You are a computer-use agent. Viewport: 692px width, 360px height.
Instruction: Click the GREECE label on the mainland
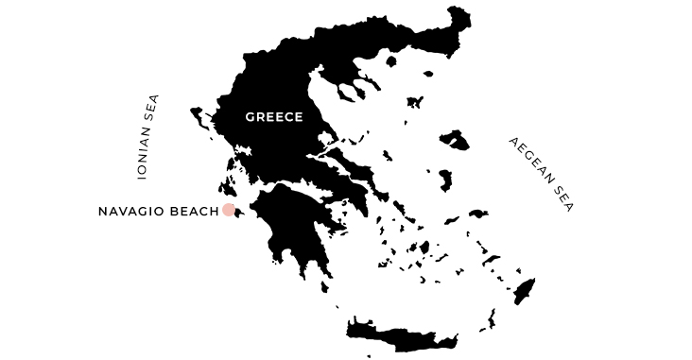(x=273, y=117)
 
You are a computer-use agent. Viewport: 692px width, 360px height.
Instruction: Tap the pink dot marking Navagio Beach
(x=229, y=210)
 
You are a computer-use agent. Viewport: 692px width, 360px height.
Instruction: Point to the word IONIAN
(x=144, y=157)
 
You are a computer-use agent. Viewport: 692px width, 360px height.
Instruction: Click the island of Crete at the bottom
(x=402, y=333)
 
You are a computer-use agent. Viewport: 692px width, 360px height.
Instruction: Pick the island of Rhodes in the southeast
(x=524, y=290)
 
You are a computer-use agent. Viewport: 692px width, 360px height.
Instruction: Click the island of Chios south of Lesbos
(x=444, y=180)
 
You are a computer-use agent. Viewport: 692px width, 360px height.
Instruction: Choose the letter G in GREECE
(x=249, y=117)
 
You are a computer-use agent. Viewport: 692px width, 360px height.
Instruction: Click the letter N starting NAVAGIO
(x=102, y=211)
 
